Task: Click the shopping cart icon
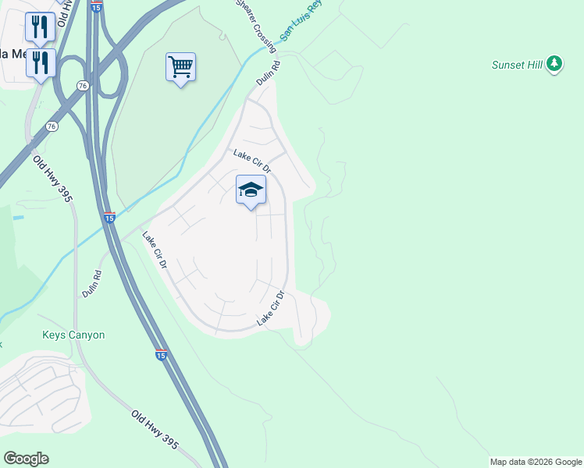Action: pos(180,68)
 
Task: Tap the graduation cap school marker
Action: pos(251,190)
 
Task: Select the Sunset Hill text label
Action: pos(517,65)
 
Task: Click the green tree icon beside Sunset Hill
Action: pos(554,63)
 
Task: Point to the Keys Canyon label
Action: pos(73,335)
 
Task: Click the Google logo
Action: pos(26,459)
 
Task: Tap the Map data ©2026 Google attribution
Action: pos(536,462)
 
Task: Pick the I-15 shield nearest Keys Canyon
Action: pos(161,355)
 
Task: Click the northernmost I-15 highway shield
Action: pos(96,6)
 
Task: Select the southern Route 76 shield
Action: pos(52,126)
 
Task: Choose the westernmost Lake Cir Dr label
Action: pos(155,250)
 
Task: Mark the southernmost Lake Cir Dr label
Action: pos(270,309)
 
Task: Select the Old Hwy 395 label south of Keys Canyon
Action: pos(155,430)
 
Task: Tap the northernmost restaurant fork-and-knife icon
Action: pos(39,27)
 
